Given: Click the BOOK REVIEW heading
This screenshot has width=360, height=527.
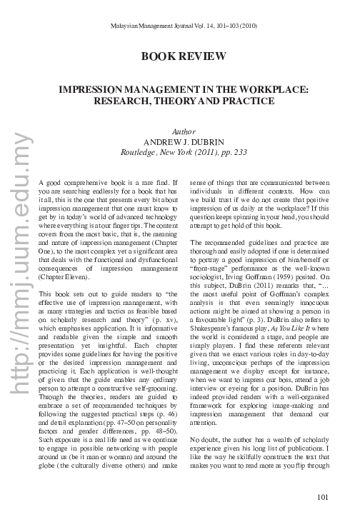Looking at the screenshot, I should [x=184, y=56].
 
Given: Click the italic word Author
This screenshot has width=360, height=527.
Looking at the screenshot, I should [x=184, y=133].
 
